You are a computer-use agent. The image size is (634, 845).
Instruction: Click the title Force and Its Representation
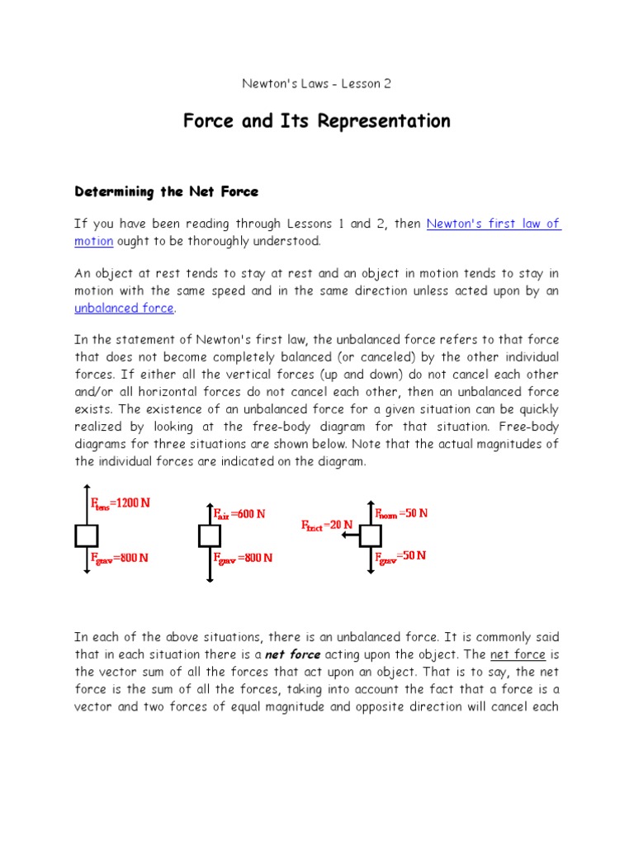point(317,121)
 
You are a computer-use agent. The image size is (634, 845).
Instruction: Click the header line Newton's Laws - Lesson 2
point(317,83)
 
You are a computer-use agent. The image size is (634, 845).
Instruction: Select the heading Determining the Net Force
point(167,191)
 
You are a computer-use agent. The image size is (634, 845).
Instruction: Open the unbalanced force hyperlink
point(125,308)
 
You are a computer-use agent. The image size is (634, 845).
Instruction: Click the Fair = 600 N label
point(239,513)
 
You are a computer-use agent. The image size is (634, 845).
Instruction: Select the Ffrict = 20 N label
point(327,524)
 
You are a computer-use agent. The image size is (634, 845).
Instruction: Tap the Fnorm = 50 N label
point(402,512)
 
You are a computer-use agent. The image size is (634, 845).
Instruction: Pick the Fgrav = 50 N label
point(401,556)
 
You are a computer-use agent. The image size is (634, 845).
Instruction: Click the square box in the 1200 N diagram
point(87,536)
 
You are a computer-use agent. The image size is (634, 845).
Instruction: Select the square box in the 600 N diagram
point(210,536)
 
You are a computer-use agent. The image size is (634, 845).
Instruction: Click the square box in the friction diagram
point(370,536)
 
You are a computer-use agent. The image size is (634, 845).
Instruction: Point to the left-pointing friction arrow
point(349,536)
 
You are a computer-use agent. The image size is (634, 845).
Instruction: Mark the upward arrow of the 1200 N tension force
point(87,506)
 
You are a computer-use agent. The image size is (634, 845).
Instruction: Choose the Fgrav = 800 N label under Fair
point(243,558)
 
